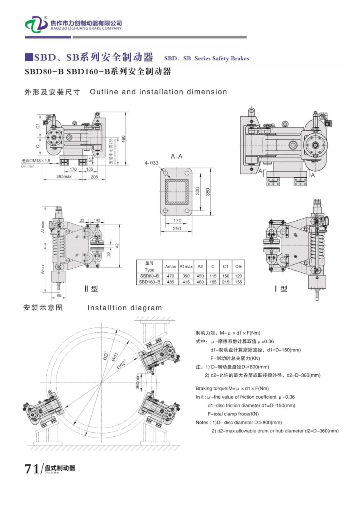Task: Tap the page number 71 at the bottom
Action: pos(31,469)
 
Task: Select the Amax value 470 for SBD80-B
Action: pos(171,276)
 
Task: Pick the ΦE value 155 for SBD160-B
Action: pos(239,282)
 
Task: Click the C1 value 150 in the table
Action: pos(226,276)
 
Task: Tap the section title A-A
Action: pos(176,156)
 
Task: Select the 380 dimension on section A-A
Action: pos(208,192)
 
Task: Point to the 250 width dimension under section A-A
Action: pos(177,229)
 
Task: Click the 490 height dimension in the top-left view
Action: pos(124,138)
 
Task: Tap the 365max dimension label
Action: pos(64,176)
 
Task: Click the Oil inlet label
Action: pos(28,166)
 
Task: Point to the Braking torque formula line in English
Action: pos(232,388)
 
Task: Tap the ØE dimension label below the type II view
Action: pos(59,296)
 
